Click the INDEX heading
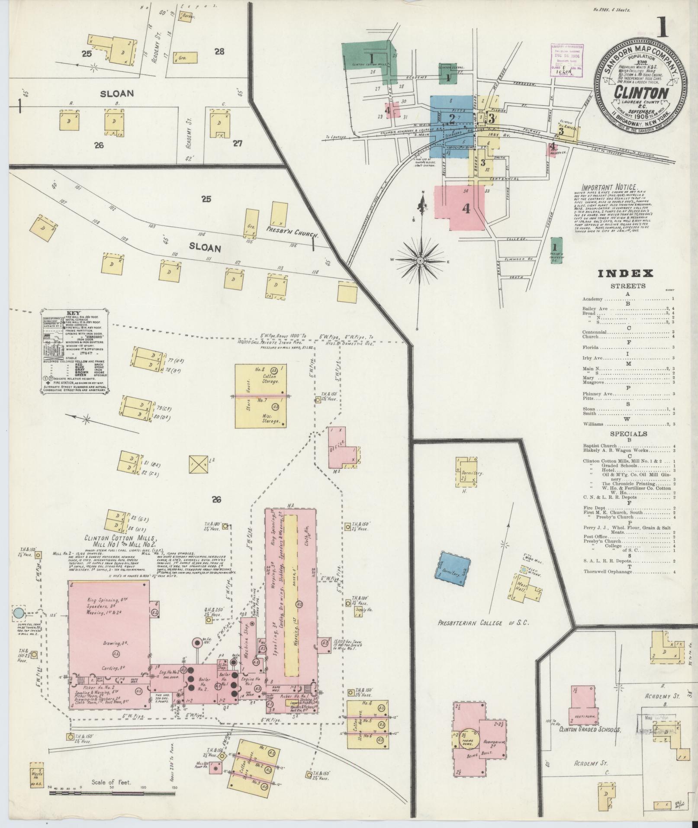tap(625, 273)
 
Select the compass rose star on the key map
tap(420, 261)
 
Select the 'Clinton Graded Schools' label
tap(590, 730)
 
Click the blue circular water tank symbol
tap(18, 613)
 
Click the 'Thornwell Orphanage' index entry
tap(607, 572)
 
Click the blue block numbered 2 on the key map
tap(452, 119)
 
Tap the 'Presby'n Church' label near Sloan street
tap(292, 232)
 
